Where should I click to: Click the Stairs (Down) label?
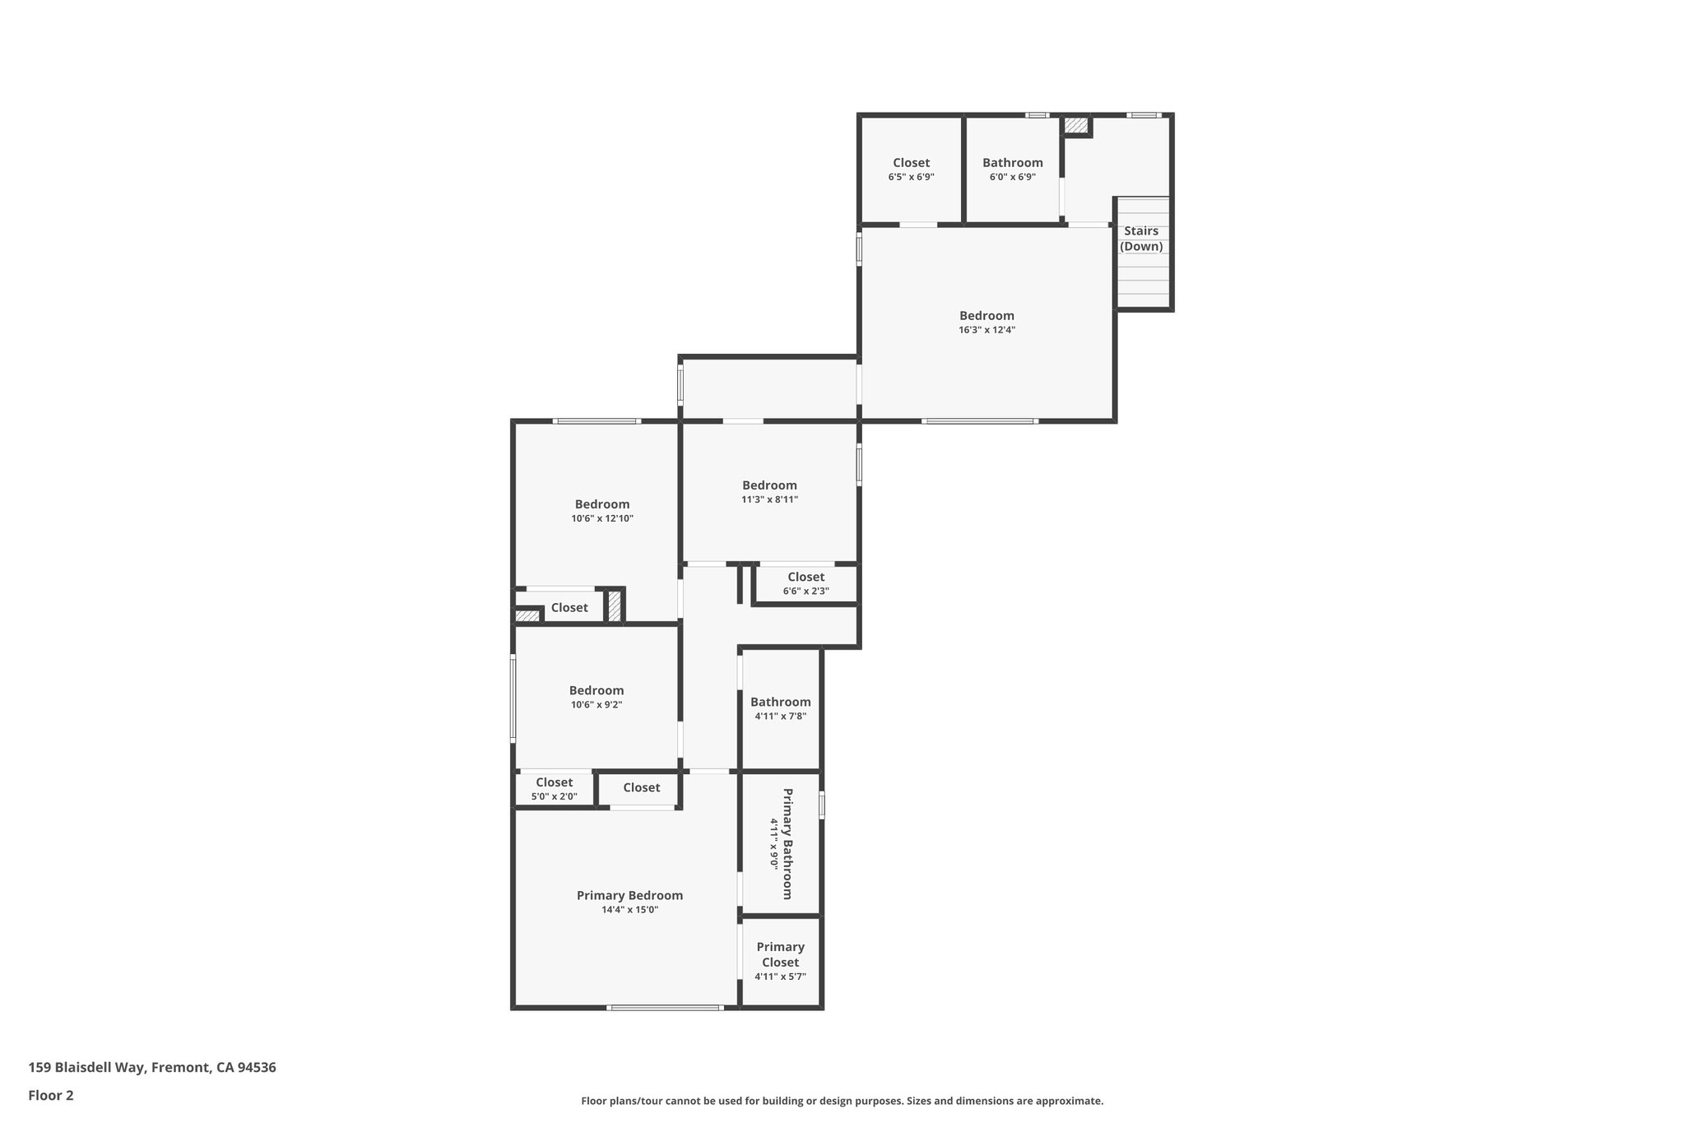click(1141, 239)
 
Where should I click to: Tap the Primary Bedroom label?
click(629, 895)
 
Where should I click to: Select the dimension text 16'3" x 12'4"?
click(986, 330)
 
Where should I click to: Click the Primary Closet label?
click(780, 954)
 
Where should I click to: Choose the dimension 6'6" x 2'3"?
click(805, 591)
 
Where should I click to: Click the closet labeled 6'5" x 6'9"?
click(911, 163)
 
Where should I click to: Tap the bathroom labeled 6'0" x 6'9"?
click(1012, 163)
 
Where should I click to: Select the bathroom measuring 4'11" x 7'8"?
click(780, 702)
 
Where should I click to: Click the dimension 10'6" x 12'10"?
click(602, 518)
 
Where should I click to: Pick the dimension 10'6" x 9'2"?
click(596, 704)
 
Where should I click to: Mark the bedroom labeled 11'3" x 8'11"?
click(769, 485)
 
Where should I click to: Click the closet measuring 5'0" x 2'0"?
click(554, 782)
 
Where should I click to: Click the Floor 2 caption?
click(51, 1095)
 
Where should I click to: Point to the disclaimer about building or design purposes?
click(842, 1101)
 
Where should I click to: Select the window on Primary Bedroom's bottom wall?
click(665, 1008)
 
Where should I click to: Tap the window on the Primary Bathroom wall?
click(822, 805)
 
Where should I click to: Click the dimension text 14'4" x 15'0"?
click(629, 910)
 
